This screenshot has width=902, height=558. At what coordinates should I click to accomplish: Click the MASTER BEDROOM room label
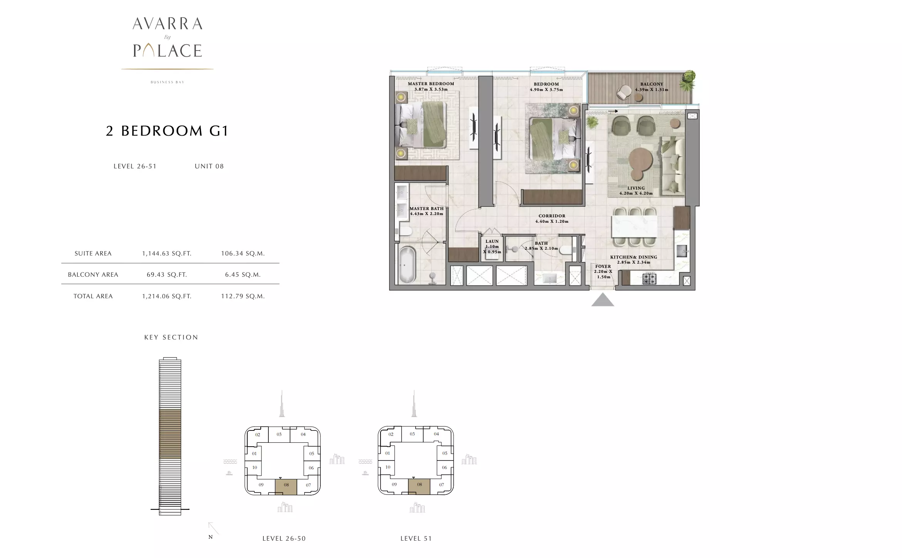click(431, 84)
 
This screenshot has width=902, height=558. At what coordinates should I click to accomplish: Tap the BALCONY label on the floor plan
click(652, 84)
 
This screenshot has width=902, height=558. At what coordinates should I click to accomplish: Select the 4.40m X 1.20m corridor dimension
click(552, 222)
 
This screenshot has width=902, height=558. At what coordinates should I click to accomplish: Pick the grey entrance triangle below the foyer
click(603, 299)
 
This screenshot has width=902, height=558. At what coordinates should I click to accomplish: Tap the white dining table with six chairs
click(634, 226)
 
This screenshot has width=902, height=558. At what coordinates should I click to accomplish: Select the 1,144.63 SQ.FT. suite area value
click(167, 254)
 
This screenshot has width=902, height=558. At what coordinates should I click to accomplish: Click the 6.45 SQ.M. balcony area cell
click(243, 275)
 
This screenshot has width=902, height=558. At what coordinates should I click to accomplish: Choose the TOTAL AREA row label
click(93, 296)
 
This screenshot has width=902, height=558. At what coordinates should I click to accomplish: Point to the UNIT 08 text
click(209, 166)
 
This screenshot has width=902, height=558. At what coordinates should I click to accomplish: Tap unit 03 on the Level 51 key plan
click(412, 434)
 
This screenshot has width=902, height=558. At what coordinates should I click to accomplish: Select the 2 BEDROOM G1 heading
click(167, 131)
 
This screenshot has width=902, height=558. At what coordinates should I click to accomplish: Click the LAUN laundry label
click(492, 241)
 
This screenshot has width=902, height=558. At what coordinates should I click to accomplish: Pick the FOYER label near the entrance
click(603, 266)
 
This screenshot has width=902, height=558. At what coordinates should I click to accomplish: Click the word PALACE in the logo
click(168, 50)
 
